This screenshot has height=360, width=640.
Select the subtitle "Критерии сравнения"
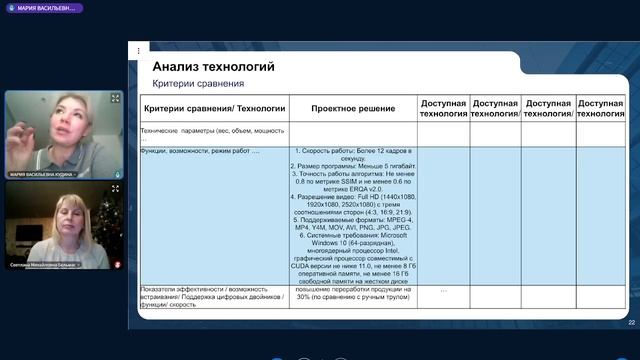click(x=198, y=83)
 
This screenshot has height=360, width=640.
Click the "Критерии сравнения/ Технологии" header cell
click(x=214, y=108)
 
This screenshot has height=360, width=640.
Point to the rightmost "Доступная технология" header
click(x=601, y=108)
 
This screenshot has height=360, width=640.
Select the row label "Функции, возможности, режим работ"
click(x=200, y=151)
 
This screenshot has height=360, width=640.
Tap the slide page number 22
click(x=631, y=322)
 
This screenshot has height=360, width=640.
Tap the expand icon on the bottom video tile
click(x=116, y=191)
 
